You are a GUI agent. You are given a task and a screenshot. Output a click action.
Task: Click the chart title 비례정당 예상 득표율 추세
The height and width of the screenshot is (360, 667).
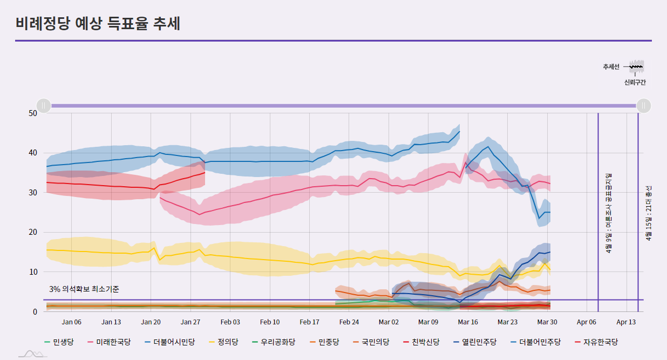pyautogui.click(x=98, y=24)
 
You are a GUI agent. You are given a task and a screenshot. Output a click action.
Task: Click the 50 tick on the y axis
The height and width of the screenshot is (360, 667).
pyautogui.click(x=32, y=113)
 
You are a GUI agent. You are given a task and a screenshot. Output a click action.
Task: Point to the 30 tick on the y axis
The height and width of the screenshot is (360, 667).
pyautogui.click(x=32, y=193)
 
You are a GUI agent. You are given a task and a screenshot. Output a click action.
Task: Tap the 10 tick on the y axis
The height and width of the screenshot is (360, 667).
pyautogui.click(x=32, y=272)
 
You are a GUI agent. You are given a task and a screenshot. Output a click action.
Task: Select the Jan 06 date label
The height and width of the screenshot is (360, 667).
pyautogui.click(x=72, y=322)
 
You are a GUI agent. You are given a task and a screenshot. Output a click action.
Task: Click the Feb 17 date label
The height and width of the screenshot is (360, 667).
pyautogui.click(x=309, y=322)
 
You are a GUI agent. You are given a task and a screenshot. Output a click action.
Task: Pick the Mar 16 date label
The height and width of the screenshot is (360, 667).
pyautogui.click(x=467, y=322)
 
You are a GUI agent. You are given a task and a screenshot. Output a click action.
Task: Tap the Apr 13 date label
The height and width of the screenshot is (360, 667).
pyautogui.click(x=626, y=322)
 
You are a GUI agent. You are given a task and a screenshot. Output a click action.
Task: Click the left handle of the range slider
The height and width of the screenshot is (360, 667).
pyautogui.click(x=44, y=106)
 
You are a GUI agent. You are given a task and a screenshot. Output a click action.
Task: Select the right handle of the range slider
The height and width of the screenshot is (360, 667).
pyautogui.click(x=644, y=106)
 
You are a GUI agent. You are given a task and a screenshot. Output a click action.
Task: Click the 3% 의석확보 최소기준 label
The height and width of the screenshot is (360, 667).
pyautogui.click(x=84, y=289)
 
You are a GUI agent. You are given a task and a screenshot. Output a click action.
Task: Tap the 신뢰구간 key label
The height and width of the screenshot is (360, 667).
pyautogui.click(x=635, y=83)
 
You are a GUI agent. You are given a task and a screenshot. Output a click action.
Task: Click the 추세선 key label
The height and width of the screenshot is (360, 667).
pyautogui.click(x=611, y=67)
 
